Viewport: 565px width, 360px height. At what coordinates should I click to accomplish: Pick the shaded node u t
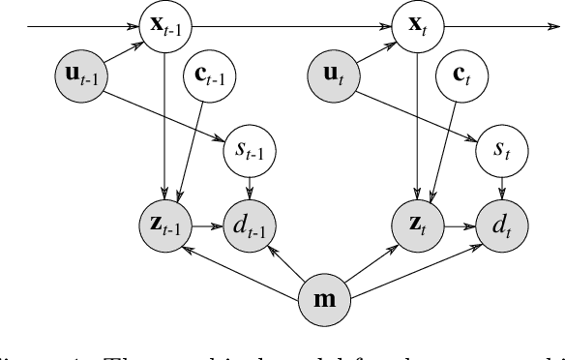[334, 73]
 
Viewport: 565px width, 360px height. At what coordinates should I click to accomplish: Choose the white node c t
[461, 73]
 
